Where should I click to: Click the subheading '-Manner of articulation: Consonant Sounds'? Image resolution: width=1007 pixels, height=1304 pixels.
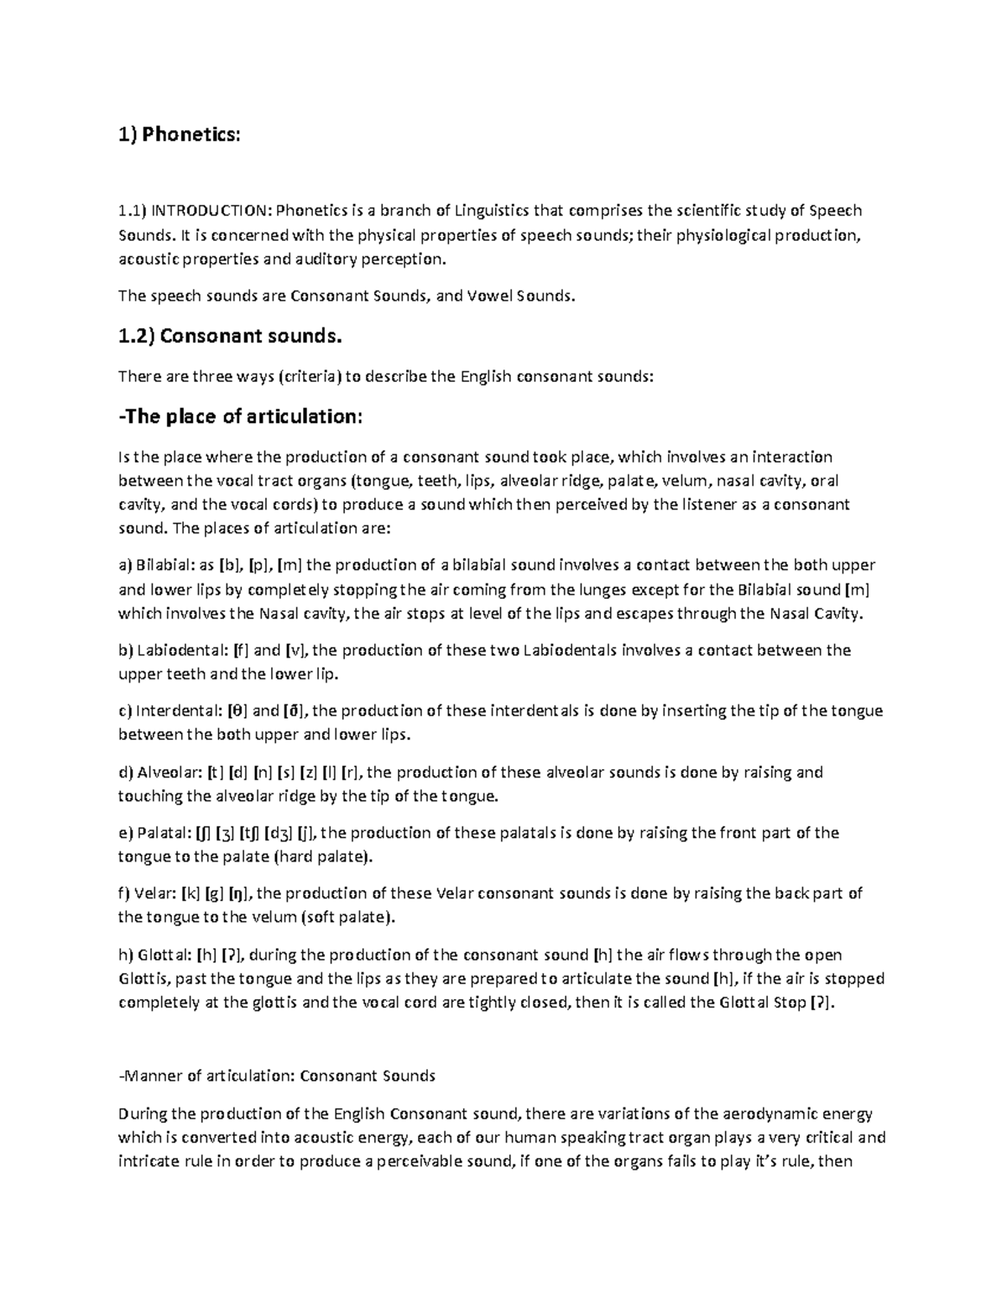point(277,1076)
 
